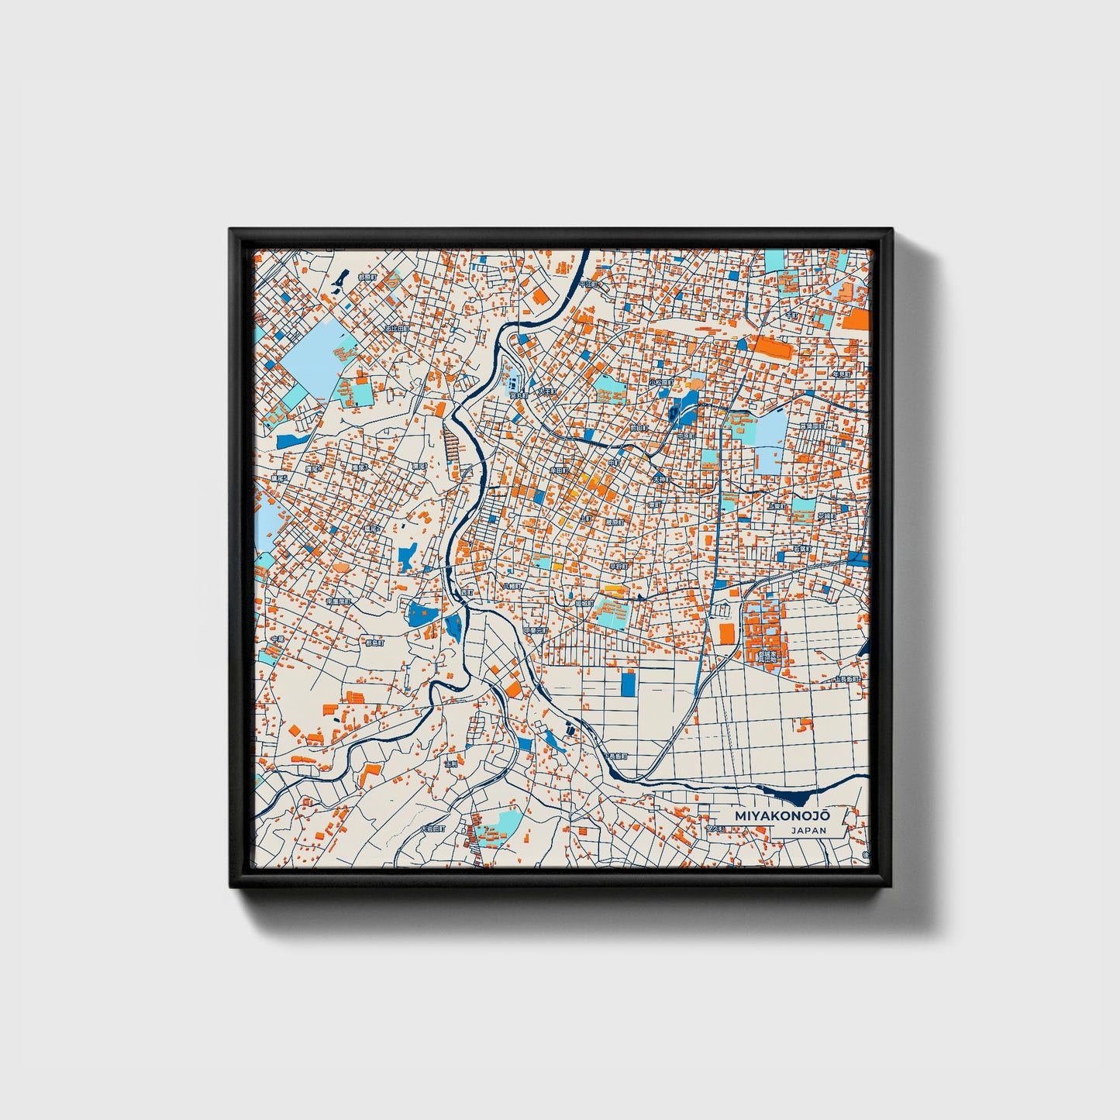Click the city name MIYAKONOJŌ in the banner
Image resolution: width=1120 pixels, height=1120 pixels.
781,816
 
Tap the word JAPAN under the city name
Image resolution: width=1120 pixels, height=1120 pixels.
808,830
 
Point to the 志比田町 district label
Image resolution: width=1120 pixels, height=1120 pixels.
397,329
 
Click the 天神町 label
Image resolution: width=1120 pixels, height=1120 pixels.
660,480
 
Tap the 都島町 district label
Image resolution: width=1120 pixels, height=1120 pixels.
375,642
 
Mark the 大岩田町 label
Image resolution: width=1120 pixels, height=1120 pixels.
432,829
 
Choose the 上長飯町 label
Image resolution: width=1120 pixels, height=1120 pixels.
846,679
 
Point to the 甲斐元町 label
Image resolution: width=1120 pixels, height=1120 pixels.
535,631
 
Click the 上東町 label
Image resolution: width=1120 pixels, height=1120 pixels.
777,505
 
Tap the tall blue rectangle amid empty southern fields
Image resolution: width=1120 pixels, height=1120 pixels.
628,683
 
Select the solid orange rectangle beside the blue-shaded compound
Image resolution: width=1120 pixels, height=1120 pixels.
726,632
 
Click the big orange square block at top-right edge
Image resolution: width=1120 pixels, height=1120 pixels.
856,319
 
